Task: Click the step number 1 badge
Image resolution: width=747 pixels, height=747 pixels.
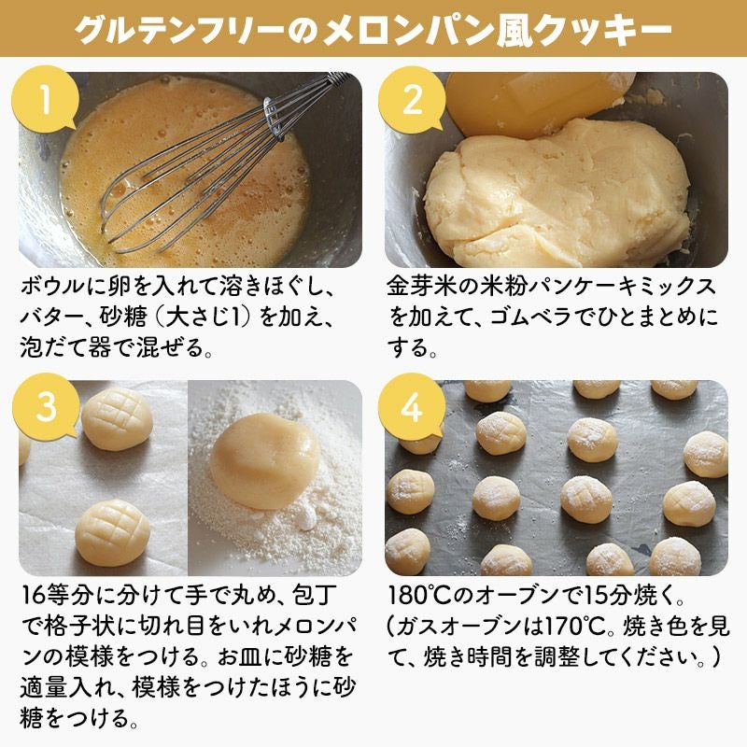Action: coord(45,99)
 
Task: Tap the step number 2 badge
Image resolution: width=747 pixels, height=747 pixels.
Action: coord(412,99)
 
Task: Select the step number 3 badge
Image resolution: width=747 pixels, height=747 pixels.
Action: coord(45,407)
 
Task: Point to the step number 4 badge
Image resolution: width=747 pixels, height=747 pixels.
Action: coord(412,407)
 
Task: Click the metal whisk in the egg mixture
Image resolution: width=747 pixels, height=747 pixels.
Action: coord(215,167)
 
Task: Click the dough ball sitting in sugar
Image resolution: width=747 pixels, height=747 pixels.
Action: coord(265,460)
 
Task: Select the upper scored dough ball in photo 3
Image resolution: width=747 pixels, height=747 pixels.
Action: coord(117,419)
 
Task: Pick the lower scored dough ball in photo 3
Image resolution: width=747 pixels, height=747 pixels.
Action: coord(113,532)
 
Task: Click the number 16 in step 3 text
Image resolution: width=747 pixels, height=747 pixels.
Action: coord(34,595)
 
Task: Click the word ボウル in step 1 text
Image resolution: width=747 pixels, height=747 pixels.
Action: coord(53,287)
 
